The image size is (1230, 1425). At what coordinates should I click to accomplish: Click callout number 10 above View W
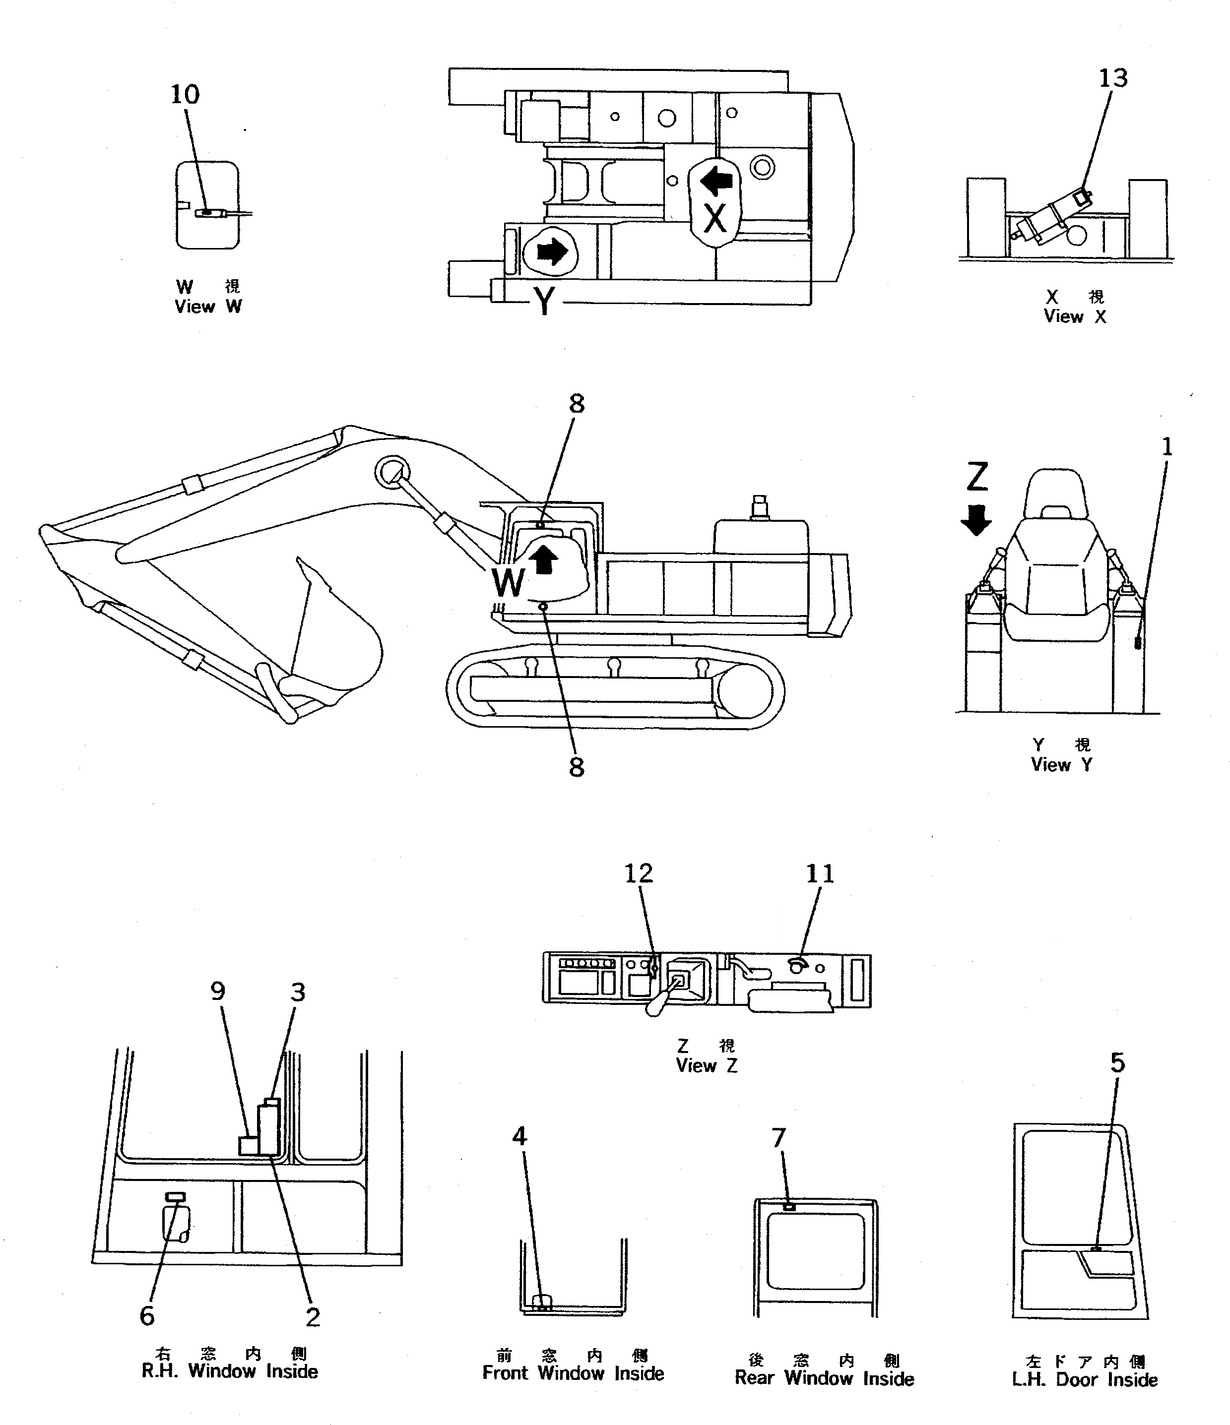pyautogui.click(x=185, y=95)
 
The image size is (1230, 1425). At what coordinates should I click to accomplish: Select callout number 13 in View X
pyautogui.click(x=1112, y=78)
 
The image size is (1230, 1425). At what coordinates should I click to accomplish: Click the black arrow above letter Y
pyautogui.click(x=551, y=252)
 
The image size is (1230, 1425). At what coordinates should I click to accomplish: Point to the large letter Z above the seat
pyautogui.click(x=977, y=477)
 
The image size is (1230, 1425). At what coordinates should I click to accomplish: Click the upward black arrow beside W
pyautogui.click(x=545, y=558)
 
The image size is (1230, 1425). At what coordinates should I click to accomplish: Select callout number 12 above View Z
pyautogui.click(x=638, y=873)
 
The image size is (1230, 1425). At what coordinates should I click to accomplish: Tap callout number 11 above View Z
pyautogui.click(x=819, y=874)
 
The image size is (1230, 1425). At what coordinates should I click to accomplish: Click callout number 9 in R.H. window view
pyautogui.click(x=217, y=991)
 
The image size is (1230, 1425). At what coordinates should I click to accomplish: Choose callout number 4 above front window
pyautogui.click(x=519, y=1136)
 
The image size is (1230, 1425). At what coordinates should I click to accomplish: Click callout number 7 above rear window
pyautogui.click(x=778, y=1139)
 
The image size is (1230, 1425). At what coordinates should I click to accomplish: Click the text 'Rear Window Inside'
pyautogui.click(x=824, y=1378)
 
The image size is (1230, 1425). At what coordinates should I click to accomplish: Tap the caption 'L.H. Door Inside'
pyautogui.click(x=1084, y=1379)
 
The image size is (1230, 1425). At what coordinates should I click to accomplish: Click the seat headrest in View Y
pyautogui.click(x=1056, y=491)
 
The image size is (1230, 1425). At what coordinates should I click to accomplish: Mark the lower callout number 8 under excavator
pyautogui.click(x=577, y=767)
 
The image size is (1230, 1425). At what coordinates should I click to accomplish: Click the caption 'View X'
pyautogui.click(x=1075, y=316)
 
